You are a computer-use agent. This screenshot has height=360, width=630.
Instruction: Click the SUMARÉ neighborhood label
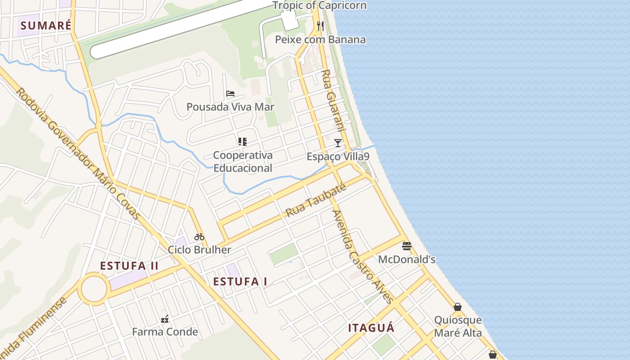tap(45, 26)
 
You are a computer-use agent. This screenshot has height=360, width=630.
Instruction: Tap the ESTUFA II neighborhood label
tap(129, 266)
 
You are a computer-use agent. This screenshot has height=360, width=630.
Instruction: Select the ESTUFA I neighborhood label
tap(240, 282)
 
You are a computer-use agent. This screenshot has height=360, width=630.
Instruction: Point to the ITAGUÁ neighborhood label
tap(371, 328)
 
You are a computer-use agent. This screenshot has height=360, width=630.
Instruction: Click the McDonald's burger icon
tap(407, 246)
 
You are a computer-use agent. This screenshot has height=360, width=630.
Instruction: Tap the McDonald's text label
tap(407, 260)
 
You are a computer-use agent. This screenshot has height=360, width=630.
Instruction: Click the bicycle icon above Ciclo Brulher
tap(199, 237)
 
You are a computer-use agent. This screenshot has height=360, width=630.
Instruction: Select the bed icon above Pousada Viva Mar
tap(230, 94)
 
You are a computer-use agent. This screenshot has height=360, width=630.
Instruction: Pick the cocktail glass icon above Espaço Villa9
tap(338, 143)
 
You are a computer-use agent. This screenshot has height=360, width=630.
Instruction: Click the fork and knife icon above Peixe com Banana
tap(320, 26)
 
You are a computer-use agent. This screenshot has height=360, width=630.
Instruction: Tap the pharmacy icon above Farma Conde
tap(165, 319)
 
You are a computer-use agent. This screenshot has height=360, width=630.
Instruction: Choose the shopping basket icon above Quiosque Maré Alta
tap(458, 307)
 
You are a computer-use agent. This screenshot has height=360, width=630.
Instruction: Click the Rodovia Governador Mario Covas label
tap(78, 153)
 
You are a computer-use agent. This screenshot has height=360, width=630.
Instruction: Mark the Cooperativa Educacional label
tap(243, 162)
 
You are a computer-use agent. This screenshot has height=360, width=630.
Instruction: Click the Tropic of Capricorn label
tap(319, 6)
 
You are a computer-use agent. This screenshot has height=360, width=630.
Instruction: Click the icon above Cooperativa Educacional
tap(243, 142)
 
